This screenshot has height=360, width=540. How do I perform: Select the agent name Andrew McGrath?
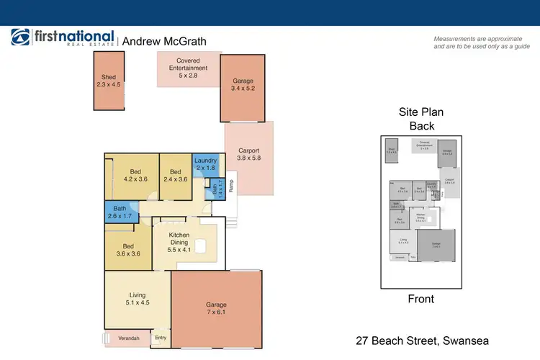tap(164, 42)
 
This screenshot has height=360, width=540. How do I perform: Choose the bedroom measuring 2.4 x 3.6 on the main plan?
tap(175, 176)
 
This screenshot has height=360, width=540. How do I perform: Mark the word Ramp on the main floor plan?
tap(231, 185)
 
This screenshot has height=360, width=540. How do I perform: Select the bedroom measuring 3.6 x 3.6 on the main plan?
tap(127, 249)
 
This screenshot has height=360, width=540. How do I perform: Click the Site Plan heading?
tap(422, 113)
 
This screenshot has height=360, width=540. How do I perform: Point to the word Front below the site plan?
tap(421, 299)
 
